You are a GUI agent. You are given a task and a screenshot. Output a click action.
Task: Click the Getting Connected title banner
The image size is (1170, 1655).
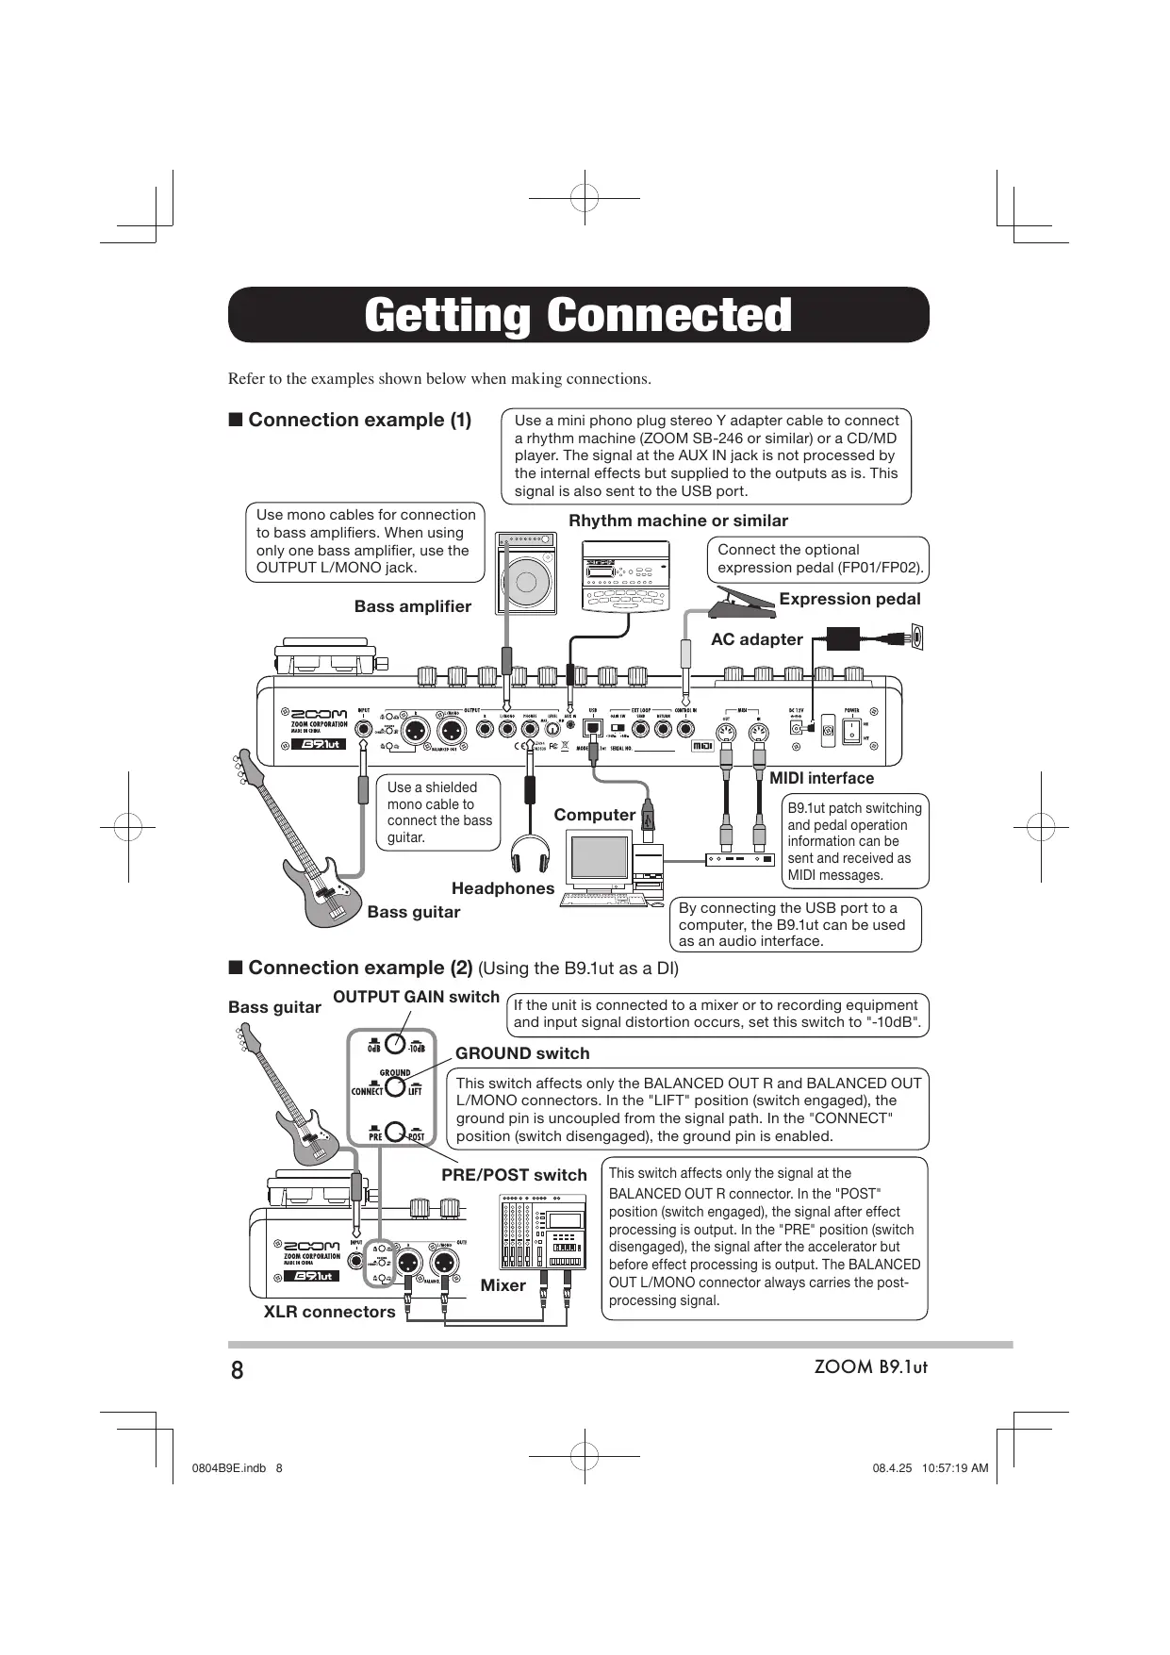point(578,315)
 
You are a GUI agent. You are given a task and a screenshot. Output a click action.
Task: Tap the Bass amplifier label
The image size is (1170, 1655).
point(412,606)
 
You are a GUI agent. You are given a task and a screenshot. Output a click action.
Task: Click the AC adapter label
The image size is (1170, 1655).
point(756,639)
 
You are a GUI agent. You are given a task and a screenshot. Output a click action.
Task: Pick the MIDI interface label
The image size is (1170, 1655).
point(821,778)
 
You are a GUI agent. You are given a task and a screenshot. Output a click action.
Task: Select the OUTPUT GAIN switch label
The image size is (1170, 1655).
point(416,997)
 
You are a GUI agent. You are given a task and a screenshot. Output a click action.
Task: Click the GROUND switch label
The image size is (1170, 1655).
point(522,1053)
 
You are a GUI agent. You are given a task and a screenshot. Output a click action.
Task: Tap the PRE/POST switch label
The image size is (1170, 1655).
point(514,1175)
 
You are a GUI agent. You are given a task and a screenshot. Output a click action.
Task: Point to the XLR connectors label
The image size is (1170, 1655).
point(329,1312)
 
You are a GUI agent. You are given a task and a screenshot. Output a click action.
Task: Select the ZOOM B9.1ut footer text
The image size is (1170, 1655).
point(870,1367)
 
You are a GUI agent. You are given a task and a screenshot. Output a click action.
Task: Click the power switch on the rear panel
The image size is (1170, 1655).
point(850,729)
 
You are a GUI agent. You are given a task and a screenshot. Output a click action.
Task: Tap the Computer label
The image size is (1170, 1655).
point(594,815)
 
